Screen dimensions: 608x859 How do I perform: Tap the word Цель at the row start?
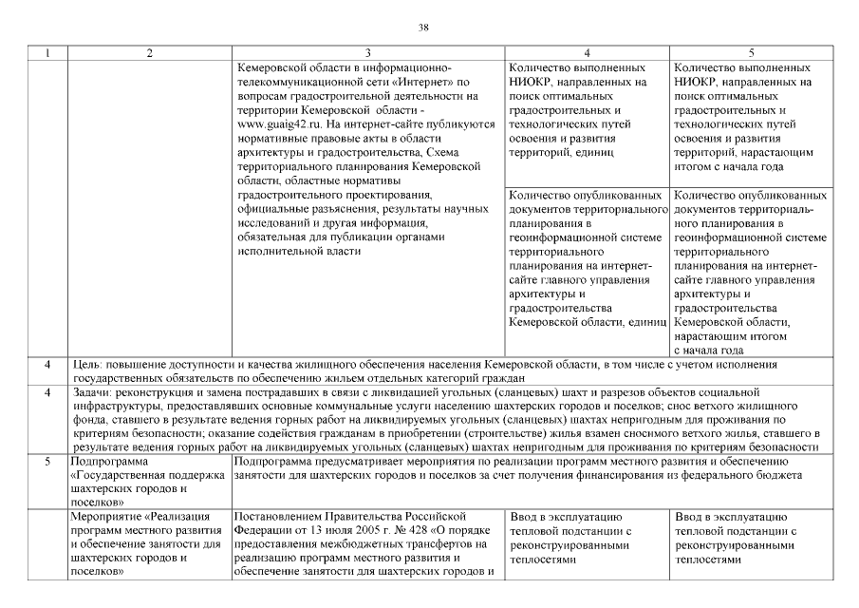[88, 364]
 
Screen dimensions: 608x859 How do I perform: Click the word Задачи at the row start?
[94, 392]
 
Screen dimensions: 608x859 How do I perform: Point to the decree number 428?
[396, 531]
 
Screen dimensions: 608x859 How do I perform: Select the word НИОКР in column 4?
[532, 83]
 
